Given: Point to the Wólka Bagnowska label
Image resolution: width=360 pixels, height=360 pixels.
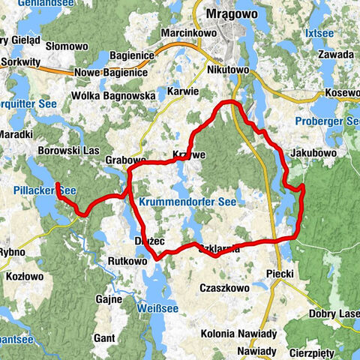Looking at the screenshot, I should [113, 97].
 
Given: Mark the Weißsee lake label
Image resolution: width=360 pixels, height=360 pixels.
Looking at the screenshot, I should [156, 308].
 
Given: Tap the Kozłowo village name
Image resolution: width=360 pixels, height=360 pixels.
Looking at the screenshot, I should [27, 277].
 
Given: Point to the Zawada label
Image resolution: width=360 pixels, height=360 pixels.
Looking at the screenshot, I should [335, 55].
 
